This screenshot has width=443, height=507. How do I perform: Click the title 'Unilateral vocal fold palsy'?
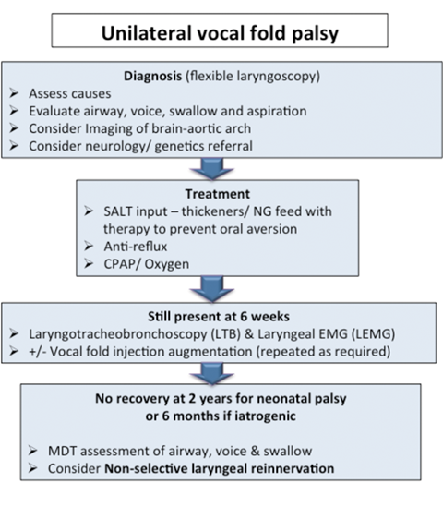click(220, 33)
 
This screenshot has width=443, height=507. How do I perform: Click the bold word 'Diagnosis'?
click(153, 77)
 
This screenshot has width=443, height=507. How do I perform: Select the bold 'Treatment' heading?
click(218, 194)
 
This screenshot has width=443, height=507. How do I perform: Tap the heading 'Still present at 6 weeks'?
click(219, 316)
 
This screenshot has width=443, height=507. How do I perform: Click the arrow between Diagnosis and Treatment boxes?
click(212, 169)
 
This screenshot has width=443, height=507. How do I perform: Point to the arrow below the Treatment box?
click(212, 289)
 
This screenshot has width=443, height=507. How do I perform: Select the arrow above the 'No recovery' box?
click(212, 374)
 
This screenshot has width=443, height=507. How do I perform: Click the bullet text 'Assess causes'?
click(70, 93)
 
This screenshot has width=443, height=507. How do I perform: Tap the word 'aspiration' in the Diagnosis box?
click(275, 111)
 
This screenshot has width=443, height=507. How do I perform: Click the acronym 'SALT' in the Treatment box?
click(117, 211)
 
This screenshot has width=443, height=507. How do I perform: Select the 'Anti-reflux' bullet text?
click(136, 247)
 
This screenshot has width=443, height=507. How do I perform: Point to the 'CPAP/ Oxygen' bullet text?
click(147, 264)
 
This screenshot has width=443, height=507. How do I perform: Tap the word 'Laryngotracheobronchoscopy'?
click(118, 334)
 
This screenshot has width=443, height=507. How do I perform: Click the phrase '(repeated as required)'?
click(323, 352)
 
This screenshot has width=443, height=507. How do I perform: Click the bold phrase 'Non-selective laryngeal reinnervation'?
click(220, 468)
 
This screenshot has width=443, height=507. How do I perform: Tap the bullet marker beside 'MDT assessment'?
click(32, 451)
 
